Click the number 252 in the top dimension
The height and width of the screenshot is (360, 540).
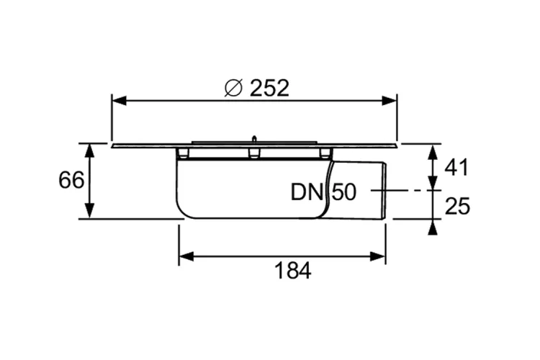(x=269, y=88)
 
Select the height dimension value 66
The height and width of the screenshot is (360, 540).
(x=71, y=180)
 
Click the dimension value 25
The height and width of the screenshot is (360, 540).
(x=456, y=206)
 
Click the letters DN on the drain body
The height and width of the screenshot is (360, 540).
(x=308, y=192)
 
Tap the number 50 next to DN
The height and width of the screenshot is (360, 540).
(x=344, y=192)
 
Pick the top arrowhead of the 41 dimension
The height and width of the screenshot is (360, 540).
(x=431, y=150)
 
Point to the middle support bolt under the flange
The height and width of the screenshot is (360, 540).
(x=253, y=153)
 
